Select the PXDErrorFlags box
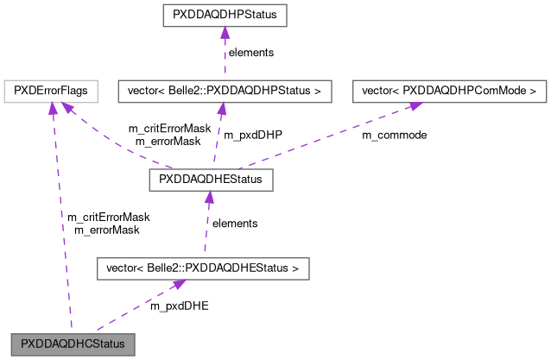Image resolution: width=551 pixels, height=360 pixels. click(50, 90)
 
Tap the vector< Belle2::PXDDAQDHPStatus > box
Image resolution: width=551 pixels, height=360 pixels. click(225, 90)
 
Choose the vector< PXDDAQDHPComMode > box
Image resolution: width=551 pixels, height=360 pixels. click(449, 90)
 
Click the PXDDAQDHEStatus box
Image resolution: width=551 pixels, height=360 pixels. click(211, 180)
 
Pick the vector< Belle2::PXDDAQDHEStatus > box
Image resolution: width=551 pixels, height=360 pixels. click(202, 268)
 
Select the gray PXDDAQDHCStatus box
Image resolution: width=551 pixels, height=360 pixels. click(73, 344)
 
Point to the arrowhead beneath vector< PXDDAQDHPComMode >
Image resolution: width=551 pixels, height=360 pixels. click(415, 105)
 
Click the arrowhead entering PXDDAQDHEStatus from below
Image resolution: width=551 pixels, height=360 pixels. click(209, 198)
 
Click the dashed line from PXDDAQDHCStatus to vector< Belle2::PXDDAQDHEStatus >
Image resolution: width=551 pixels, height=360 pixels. click(130, 310)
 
